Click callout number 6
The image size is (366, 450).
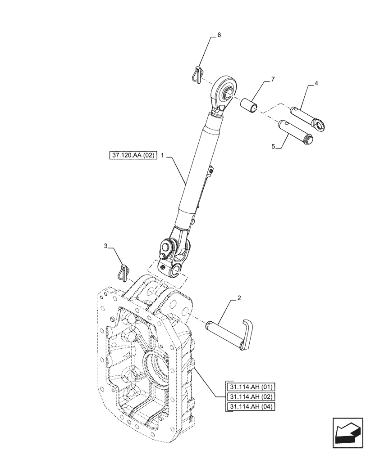219,35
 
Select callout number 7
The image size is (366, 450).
272,79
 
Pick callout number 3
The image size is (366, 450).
105,246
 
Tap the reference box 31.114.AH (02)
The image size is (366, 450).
251,396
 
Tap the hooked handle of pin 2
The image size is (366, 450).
247,333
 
